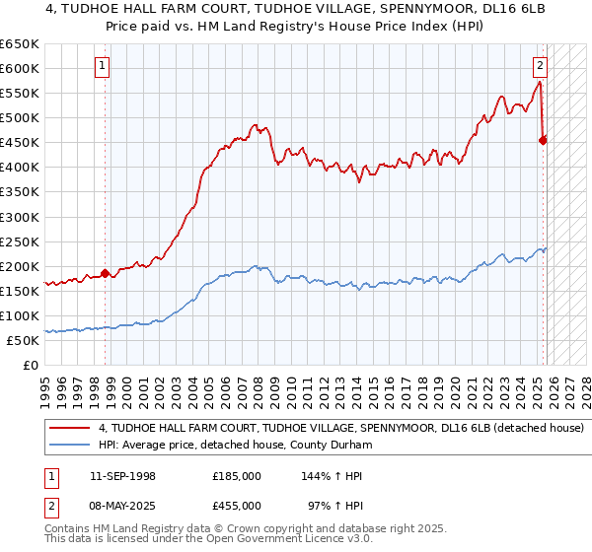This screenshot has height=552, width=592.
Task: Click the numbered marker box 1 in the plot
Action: (103, 67)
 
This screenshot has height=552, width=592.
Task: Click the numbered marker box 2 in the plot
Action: (541, 67)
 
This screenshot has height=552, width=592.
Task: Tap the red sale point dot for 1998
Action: (106, 274)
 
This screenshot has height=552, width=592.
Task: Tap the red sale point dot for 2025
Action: (544, 140)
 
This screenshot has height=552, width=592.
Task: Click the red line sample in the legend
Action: (69, 429)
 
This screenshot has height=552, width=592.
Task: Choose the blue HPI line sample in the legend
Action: (69, 446)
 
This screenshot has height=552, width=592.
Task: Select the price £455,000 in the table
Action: (237, 506)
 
